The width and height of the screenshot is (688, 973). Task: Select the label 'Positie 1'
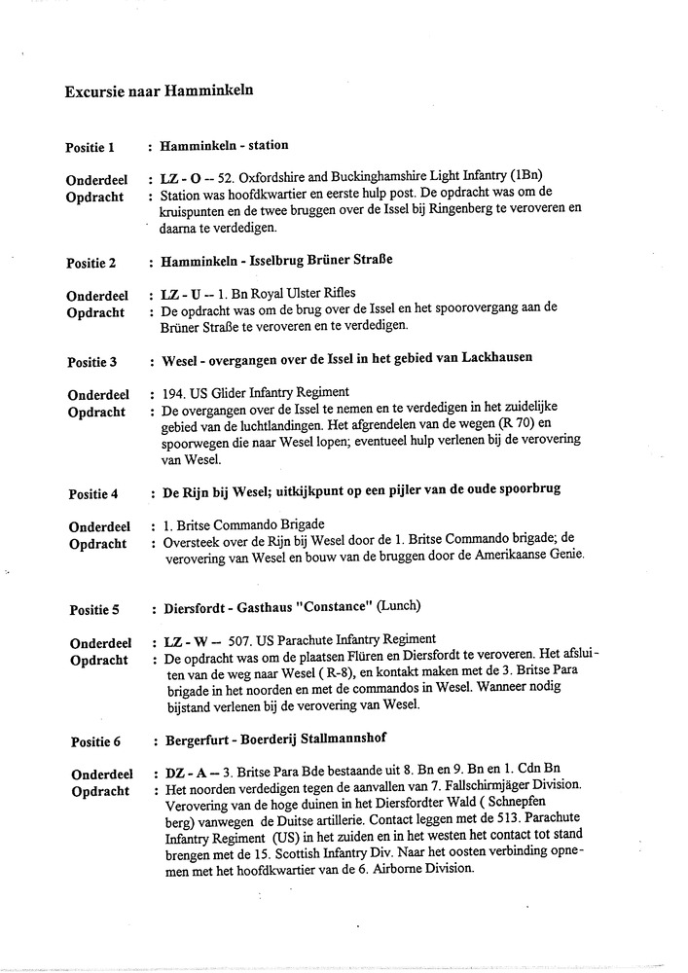(91, 148)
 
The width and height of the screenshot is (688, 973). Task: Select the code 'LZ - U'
(176, 293)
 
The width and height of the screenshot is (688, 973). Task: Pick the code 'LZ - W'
(177, 643)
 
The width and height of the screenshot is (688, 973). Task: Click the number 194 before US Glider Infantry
(171, 394)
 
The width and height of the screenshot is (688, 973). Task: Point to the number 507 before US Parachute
(241, 643)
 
